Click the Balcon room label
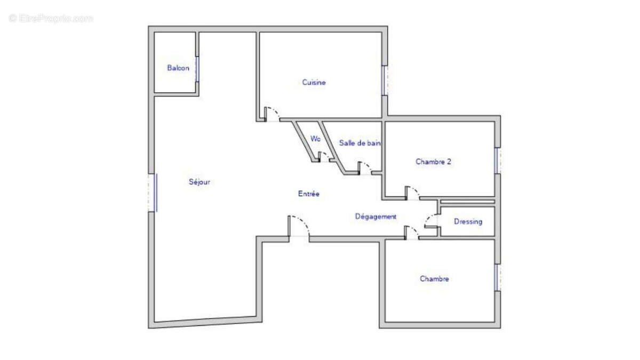[178, 68]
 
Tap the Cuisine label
[314, 82]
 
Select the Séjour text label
[199, 182]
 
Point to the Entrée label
[309, 194]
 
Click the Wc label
[315, 139]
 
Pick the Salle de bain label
[359, 143]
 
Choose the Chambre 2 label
[433, 162]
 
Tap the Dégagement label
[375, 217]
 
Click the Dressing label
[468, 221]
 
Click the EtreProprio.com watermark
[51, 19]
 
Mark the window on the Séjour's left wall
[153, 193]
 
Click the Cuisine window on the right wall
[385, 81]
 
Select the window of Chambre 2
[498, 161]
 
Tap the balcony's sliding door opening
[197, 69]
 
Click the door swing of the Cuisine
[271, 114]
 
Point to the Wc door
[324, 157]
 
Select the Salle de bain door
[365, 168]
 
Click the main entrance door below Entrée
[299, 226]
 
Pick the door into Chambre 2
[412, 193]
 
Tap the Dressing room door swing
[431, 221]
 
